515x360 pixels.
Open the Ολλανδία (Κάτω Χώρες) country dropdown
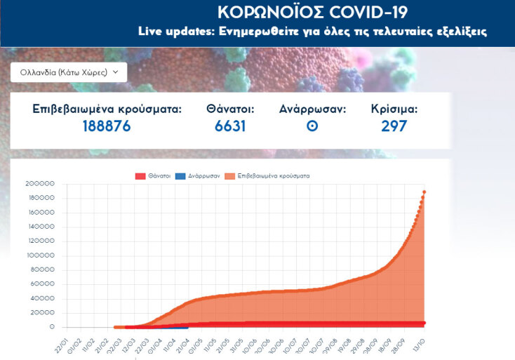[x=69, y=72]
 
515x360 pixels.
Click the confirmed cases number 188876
[x=107, y=126]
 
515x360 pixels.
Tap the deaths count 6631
[x=230, y=126]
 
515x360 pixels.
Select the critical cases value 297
[x=394, y=126]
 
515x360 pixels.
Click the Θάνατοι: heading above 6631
[x=230, y=109]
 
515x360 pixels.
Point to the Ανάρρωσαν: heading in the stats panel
[x=312, y=109]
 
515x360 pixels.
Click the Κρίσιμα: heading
[x=394, y=109]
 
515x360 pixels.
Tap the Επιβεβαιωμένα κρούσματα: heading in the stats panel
[x=107, y=109]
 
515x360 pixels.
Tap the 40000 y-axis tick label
[x=44, y=298]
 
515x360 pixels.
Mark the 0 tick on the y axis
[x=52, y=327]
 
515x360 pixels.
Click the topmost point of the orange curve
[x=424, y=192]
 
